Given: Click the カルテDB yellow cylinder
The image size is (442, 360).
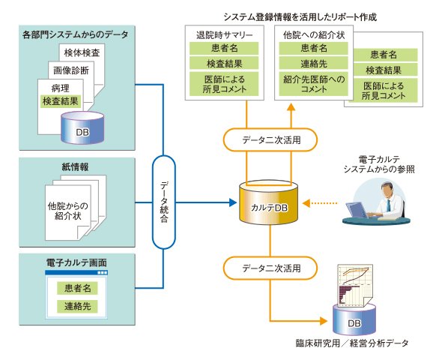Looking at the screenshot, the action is pos(269,202).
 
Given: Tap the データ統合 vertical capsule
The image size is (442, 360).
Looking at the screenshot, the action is pos(163,202).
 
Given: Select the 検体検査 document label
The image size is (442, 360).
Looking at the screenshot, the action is pos(82,52).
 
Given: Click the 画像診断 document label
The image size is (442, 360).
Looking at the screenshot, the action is pos(71,70).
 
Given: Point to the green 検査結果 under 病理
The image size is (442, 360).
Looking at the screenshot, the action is pos(61,101).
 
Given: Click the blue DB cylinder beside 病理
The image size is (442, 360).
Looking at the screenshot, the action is pos(82,127).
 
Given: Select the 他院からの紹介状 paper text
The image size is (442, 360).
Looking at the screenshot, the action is pos(68,211).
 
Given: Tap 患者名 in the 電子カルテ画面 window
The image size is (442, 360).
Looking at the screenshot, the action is pos(77,288).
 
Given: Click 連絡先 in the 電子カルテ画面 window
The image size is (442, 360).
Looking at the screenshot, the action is pos(77,306).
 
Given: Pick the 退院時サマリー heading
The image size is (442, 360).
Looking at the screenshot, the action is pos(225,35).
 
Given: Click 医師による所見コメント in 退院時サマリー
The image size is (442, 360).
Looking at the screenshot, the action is pos(224,84).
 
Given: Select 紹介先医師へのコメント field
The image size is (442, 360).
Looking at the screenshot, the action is pos(314,84).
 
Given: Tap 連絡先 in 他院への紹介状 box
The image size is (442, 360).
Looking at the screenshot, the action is pos(314,64).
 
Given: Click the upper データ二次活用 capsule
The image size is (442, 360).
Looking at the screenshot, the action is pos(270,139).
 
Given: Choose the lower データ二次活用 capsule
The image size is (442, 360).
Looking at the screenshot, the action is pos(270,268).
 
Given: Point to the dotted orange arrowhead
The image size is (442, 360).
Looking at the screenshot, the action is pos(306,202).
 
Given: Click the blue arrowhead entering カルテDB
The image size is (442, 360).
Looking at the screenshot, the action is pos(233,202).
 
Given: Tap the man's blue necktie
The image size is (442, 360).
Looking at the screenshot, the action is pos(389,205).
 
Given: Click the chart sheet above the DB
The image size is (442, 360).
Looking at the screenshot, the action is pos(354,286).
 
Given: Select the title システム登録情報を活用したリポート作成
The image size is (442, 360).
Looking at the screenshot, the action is pos(300,17).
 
